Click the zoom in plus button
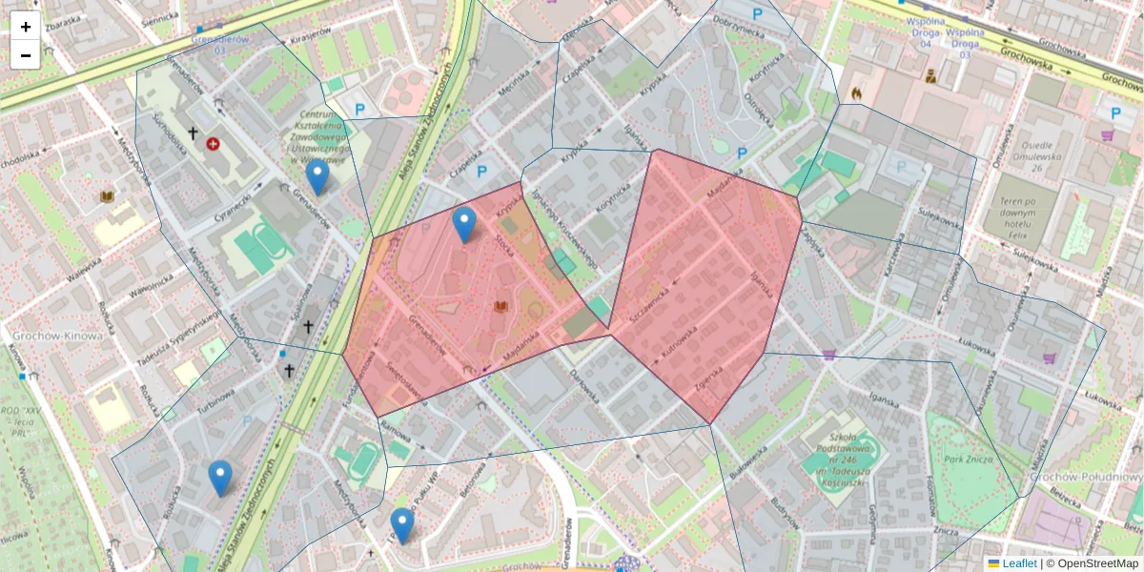click(x=25, y=27)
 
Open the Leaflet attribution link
click(x=1018, y=563)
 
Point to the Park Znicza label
click(x=967, y=460)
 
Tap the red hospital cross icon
click(x=213, y=143)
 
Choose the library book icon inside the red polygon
click(x=500, y=306)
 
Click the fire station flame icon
click(x=855, y=93)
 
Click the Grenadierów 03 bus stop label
click(x=220, y=44)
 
